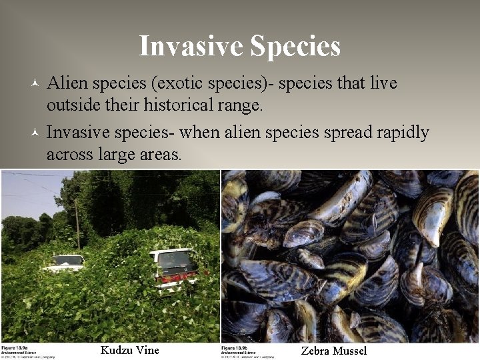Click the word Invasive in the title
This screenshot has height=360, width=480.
click(191, 46)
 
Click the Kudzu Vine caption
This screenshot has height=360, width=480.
click(130, 350)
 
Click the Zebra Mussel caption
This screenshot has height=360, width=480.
click(334, 351)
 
